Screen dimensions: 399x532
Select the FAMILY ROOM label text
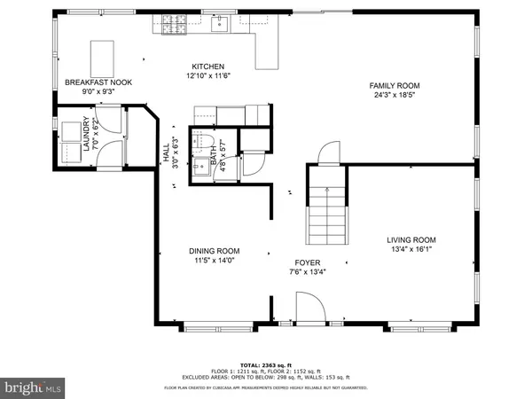tap(395, 86)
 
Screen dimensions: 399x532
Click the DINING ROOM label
tap(215, 251)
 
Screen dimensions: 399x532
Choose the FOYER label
tap(308, 263)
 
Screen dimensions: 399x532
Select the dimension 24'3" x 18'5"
tap(395, 95)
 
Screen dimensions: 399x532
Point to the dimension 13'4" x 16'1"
tap(411, 250)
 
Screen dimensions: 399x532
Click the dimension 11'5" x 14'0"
tap(215, 261)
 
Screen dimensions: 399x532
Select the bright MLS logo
tap(34, 387)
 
